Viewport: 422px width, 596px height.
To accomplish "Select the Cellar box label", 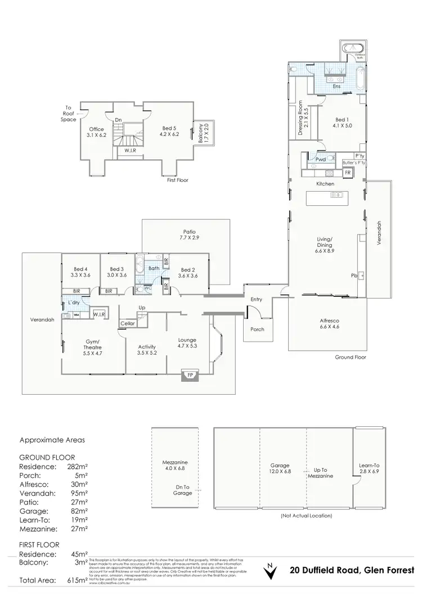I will point(128,324).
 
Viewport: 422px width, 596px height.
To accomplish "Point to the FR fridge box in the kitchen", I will point(347,173).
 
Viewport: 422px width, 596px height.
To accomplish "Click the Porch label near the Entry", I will point(257,329).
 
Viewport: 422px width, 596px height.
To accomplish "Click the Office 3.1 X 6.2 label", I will point(97,133).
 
